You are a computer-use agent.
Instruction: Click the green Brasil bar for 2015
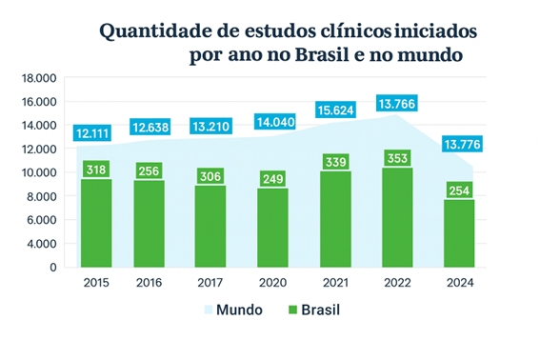[x=96, y=223]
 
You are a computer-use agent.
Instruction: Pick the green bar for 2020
[x=272, y=228]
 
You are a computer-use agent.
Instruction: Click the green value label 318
[x=96, y=170]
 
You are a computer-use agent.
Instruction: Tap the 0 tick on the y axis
[x=52, y=268]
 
